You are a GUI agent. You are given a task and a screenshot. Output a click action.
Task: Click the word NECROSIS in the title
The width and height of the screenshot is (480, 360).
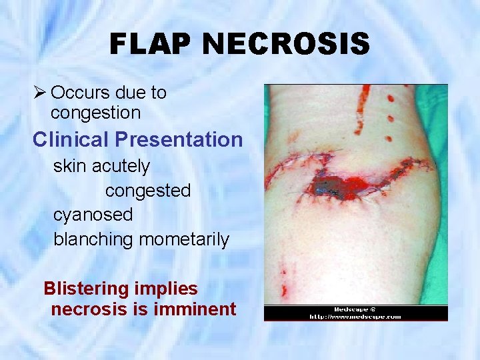287,44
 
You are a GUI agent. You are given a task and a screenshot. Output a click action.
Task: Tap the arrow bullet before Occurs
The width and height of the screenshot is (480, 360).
40,93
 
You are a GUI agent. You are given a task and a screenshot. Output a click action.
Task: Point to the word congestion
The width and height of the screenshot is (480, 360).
95,113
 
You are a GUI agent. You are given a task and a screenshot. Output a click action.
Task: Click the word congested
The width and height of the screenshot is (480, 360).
147,191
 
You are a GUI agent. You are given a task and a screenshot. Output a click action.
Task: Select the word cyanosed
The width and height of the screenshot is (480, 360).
93,215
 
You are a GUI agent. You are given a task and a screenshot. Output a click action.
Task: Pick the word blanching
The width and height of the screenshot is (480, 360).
93,239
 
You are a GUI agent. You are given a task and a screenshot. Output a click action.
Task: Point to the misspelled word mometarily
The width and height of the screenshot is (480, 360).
183,239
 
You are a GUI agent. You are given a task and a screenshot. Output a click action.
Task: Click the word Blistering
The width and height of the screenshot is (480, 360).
85,289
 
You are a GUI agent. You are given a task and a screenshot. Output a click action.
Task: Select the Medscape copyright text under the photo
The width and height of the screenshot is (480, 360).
355,309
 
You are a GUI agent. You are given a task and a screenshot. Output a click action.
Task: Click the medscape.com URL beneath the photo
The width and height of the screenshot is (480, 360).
355,317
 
